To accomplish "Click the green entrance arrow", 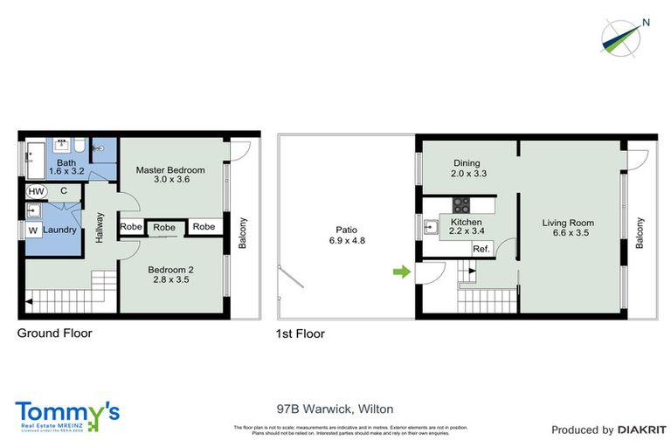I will click(400, 273).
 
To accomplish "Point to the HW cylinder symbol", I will click(36, 191).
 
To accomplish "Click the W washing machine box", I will click(33, 230).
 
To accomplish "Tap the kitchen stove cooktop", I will click(461, 206).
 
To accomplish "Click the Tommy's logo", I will click(67, 415).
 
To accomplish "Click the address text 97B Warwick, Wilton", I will click(335, 409).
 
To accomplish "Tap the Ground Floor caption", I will click(55, 333).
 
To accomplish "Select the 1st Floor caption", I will click(301, 333).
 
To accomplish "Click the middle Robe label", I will click(164, 227).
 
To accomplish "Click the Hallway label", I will click(100, 228).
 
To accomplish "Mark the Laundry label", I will click(60, 230).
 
